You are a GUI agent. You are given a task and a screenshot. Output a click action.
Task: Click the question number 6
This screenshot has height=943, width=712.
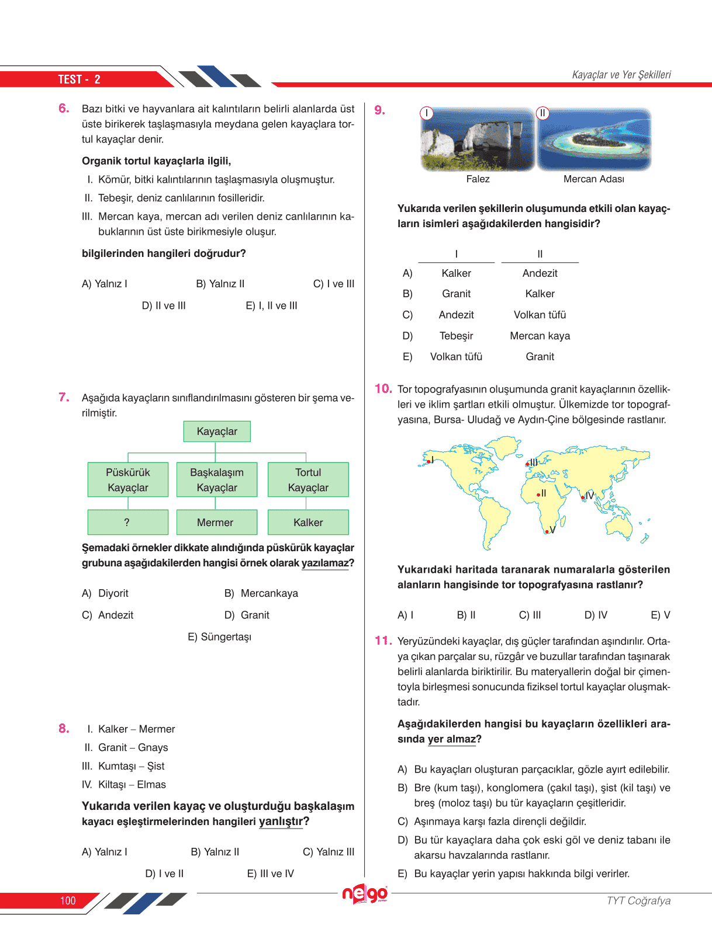[64, 109]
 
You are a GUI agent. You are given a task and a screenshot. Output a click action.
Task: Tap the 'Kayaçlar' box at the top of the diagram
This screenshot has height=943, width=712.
[217, 432]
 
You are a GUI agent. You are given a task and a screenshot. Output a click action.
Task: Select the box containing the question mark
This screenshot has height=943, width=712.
[127, 522]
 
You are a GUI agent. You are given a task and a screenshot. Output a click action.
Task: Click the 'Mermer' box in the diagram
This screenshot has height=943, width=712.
[216, 522]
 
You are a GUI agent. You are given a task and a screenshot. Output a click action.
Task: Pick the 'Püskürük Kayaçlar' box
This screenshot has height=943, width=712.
[127, 479]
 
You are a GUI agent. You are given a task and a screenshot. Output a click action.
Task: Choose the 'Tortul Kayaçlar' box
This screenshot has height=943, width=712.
[308, 479]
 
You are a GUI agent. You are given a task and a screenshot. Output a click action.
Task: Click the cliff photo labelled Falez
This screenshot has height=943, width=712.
[478, 139]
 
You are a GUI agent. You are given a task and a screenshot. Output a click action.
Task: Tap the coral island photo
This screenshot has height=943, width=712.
[594, 139]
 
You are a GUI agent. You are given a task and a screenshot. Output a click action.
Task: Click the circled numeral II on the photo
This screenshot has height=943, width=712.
[542, 113]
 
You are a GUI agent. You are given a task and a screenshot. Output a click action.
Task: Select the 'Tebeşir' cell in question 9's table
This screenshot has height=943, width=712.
[456, 336]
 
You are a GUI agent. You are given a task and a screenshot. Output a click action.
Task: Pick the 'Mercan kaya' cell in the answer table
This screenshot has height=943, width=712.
[540, 336]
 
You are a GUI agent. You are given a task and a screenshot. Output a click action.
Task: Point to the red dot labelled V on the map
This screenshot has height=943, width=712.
[547, 532]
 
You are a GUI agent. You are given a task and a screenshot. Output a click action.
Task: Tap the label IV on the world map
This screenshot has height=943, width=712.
[590, 495]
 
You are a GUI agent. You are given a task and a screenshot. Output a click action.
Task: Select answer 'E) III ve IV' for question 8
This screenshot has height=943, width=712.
[270, 874]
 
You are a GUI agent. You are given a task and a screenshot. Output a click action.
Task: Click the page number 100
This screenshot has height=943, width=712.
[68, 900]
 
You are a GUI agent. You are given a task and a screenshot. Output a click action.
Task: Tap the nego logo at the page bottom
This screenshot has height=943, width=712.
[365, 894]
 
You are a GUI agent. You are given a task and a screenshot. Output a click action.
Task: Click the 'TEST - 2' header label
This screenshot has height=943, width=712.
[79, 79]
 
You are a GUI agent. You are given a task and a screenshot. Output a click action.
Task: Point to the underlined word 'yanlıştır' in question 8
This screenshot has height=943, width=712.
[281, 822]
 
